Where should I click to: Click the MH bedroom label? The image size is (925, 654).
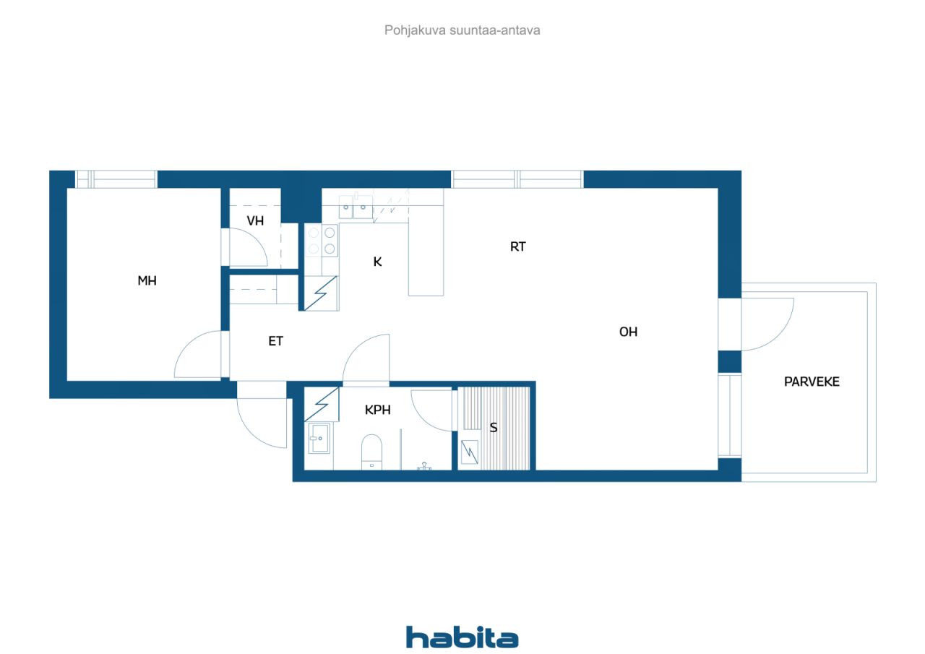(147, 281)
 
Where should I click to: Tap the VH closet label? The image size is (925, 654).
(255, 221)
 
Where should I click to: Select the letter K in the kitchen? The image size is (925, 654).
(377, 262)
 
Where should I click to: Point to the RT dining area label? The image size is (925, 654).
(518, 247)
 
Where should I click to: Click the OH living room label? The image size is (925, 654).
(628, 332)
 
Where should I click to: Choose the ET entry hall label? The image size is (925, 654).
(276, 341)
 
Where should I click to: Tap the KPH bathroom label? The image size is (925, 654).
(377, 410)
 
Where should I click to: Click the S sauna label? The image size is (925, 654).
(494, 428)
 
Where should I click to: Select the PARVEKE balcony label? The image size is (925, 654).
(812, 382)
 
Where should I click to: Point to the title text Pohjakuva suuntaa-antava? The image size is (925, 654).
(462, 30)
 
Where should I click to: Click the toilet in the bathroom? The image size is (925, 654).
(371, 452)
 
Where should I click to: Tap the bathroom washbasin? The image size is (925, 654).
(319, 439)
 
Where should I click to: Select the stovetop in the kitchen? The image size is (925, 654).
(322, 241)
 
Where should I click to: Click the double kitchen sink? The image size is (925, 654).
(356, 207)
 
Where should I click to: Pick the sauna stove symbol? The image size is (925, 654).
(470, 452)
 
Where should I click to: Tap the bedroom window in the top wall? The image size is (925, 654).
(116, 179)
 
